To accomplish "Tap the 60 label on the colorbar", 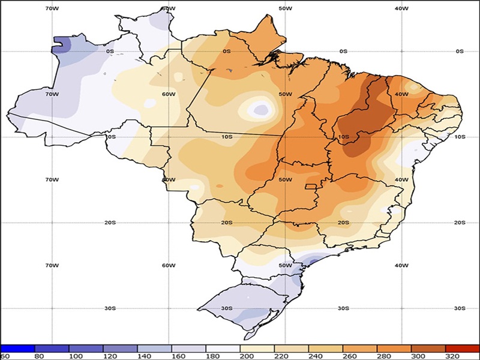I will (5, 356).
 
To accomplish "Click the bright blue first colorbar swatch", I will (18, 347).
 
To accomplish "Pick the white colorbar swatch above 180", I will (223, 347).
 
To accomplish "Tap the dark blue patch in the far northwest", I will (62, 44).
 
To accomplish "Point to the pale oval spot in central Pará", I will (260, 109).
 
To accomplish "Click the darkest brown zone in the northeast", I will (360, 117).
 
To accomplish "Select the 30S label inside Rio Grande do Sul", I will (226, 308).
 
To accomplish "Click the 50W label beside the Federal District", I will (285, 180).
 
